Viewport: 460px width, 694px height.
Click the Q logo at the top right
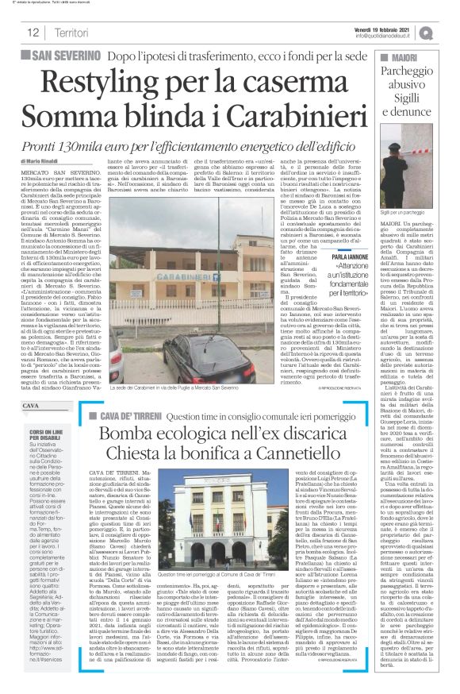[448, 32]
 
